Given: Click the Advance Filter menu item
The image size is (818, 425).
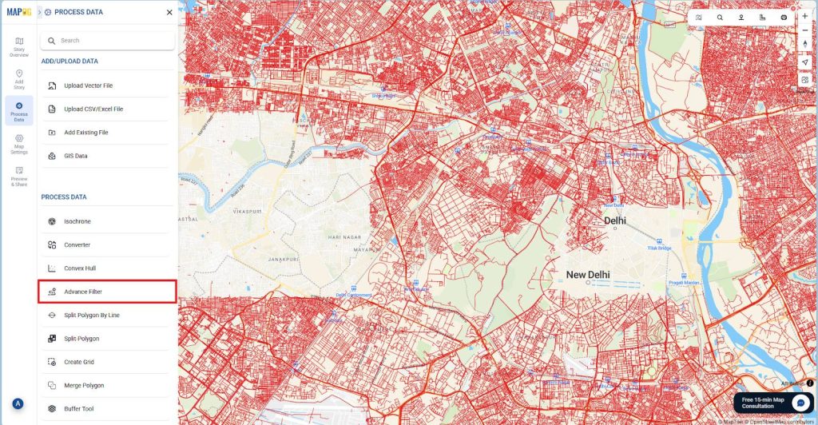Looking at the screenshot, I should click(83, 292).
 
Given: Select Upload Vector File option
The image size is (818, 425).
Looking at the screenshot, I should click(88, 85).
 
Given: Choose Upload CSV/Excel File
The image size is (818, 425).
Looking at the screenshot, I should click(93, 109).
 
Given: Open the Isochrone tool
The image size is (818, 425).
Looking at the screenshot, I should click(77, 221).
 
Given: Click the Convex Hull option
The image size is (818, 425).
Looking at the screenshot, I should click(80, 268).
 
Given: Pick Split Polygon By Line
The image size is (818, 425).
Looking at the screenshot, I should click(92, 316).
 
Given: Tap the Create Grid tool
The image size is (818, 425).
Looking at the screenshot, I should click(79, 362).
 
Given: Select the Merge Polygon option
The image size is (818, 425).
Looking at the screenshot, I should click(84, 385).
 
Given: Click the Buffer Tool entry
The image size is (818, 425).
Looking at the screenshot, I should click(79, 408).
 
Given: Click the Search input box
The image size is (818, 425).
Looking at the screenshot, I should click(107, 41).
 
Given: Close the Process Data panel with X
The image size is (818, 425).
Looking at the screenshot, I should click(169, 12).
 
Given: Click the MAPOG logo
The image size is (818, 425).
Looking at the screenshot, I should click(18, 12).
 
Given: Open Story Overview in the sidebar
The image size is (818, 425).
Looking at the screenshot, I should click(19, 46).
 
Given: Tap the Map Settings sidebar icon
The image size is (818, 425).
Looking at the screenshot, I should click(19, 143).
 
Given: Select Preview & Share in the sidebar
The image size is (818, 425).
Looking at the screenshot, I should click(19, 176).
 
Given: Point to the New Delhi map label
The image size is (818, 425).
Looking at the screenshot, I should click(587, 275).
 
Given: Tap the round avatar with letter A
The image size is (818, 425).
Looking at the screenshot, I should click(18, 403).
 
